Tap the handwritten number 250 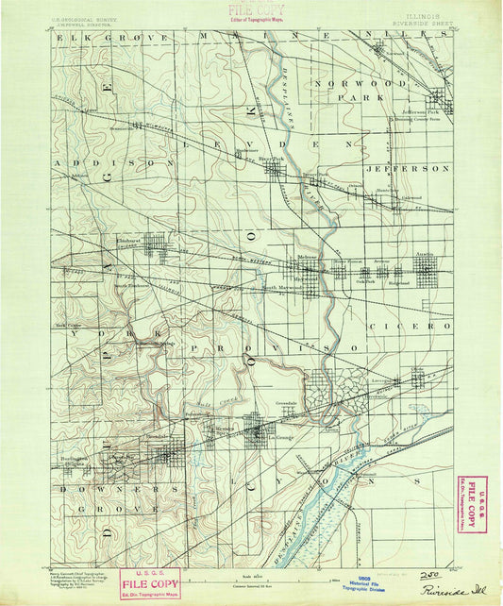point(429,574)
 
